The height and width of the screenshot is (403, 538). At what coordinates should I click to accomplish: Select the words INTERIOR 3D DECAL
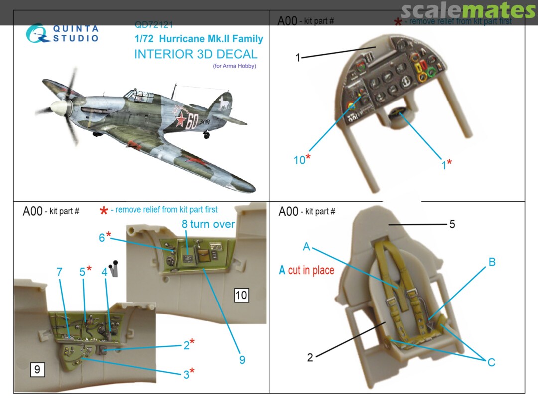click(195, 54)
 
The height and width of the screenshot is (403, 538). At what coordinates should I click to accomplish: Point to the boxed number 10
click(241, 295)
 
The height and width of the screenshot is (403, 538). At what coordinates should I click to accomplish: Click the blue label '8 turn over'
click(208, 224)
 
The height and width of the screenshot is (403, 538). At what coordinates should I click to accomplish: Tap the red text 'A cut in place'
click(306, 270)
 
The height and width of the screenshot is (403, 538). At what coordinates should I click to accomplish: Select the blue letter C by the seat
click(491, 362)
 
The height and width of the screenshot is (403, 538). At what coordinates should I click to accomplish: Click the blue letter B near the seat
click(492, 262)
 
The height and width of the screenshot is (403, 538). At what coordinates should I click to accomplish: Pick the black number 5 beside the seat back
click(452, 224)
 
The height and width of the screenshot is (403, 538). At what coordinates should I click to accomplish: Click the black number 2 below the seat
click(310, 357)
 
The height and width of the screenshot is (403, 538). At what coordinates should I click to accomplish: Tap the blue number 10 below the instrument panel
click(299, 160)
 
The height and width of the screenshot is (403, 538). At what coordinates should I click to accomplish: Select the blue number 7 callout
click(59, 272)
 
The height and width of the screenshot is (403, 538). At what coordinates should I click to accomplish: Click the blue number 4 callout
click(104, 272)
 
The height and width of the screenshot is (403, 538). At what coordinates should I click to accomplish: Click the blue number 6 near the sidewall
click(102, 238)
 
